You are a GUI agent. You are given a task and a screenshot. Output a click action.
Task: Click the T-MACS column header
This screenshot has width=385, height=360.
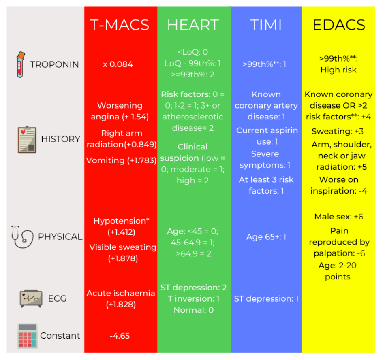(120, 25)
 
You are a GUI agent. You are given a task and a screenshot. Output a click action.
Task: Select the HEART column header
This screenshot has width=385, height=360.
(193, 25)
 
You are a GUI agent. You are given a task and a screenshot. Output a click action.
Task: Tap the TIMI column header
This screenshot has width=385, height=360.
(265, 25)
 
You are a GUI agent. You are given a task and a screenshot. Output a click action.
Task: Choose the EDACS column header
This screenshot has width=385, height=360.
(339, 25)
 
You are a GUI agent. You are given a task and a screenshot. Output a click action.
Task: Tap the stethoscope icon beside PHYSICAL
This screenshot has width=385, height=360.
(23, 236)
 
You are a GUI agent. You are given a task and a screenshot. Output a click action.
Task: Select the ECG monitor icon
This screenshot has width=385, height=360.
(31, 299)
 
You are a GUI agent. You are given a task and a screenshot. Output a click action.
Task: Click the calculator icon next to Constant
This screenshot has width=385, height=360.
(27, 336)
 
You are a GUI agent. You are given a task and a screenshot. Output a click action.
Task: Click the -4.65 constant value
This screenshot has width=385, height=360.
(120, 336)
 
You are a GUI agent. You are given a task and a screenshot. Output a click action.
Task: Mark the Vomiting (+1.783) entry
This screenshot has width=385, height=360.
(121, 160)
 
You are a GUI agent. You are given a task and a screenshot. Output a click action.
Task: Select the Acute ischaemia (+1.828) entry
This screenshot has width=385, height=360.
(121, 298)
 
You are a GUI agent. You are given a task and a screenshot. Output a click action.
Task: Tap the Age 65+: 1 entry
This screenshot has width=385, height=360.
(266, 237)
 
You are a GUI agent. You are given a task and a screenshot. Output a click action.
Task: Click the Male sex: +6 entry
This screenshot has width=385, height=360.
(339, 217)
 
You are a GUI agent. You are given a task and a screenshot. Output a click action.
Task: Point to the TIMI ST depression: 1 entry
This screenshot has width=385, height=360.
(266, 299)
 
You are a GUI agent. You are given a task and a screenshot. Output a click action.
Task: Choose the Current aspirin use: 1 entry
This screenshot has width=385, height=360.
(267, 136)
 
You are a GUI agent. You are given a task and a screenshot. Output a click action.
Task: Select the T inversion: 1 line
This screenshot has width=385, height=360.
(193, 299)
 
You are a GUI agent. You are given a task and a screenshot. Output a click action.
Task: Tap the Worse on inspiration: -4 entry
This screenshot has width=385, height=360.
(339, 185)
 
